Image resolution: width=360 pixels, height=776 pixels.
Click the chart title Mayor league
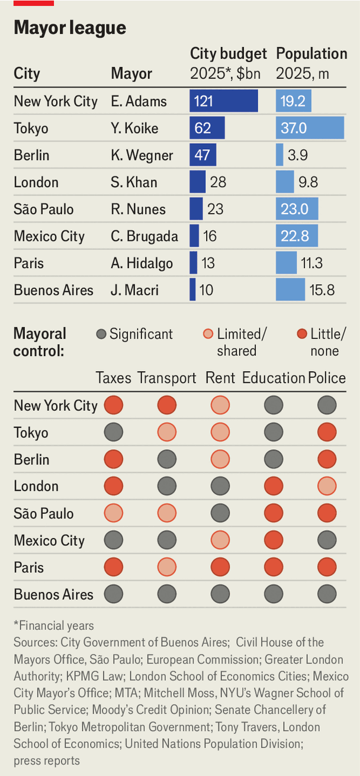tap(70, 28)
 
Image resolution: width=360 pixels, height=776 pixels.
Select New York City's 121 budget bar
tap(224, 101)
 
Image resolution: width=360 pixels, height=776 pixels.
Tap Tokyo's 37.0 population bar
tap(310, 128)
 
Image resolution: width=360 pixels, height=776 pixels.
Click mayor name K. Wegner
tap(142, 155)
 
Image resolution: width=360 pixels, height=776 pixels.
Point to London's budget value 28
tap(218, 182)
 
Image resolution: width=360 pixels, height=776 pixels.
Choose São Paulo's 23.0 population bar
tap(297, 209)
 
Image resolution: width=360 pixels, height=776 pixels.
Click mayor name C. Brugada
tap(144, 236)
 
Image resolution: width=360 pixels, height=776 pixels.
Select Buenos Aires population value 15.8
tap(322, 290)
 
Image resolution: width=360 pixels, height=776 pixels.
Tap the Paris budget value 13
tap(208, 263)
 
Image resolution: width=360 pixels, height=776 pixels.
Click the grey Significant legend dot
tap(101, 334)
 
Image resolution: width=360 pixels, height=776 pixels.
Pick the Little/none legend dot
tap(302, 334)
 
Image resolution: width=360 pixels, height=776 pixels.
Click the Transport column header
tap(166, 378)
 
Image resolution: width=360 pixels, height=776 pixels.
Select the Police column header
tap(327, 378)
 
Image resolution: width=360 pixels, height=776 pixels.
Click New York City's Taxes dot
tap(114, 405)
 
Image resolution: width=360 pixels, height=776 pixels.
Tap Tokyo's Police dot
tap(327, 432)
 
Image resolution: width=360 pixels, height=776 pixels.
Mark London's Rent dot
tap(220, 486)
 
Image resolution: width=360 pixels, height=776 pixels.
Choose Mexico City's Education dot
tap(274, 540)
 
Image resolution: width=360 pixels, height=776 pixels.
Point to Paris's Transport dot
tap(167, 567)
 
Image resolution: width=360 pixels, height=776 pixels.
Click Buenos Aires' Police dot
tap(327, 594)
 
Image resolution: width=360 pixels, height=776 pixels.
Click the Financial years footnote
tap(54, 626)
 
